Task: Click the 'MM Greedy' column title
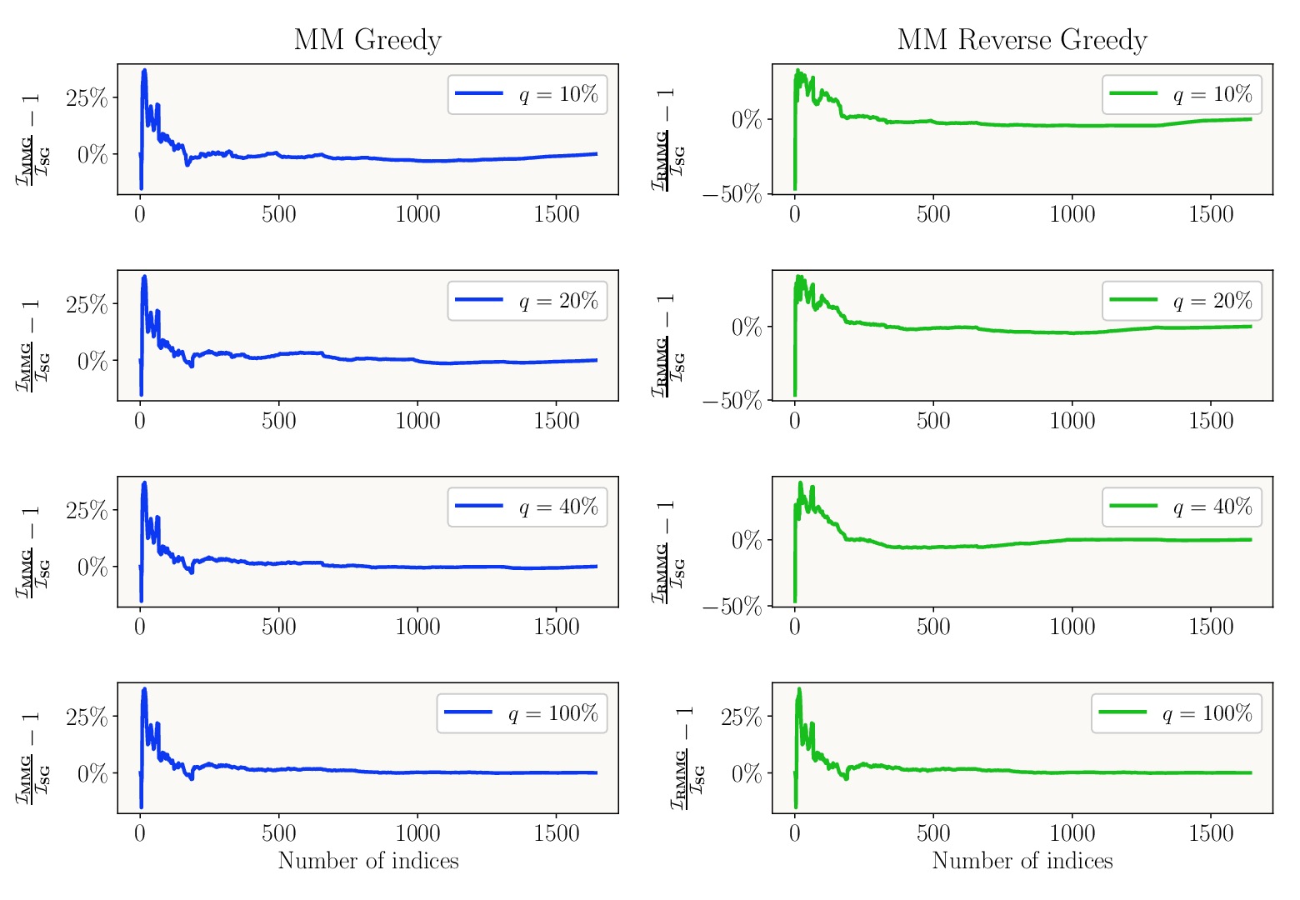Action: (367, 41)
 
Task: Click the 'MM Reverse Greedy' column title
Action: (1022, 41)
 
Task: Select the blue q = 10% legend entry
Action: (527, 94)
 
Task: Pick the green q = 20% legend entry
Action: (1181, 301)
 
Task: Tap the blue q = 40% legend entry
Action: (527, 507)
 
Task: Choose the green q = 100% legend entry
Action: (1176, 713)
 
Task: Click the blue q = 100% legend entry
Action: (521, 713)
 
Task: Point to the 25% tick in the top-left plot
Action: (87, 97)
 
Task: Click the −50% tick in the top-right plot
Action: (732, 194)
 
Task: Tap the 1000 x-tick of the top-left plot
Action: (417, 215)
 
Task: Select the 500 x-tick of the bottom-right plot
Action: (933, 833)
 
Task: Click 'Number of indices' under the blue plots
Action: (368, 861)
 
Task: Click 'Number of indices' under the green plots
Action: (1022, 861)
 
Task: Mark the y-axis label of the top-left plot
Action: (32, 138)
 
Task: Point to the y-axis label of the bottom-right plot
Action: (687, 757)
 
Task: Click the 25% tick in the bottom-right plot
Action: (741, 717)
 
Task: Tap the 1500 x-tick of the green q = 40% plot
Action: (1211, 627)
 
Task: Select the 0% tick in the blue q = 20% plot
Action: (92, 362)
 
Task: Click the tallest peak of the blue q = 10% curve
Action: (144, 71)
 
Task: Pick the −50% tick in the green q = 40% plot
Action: (732, 607)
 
